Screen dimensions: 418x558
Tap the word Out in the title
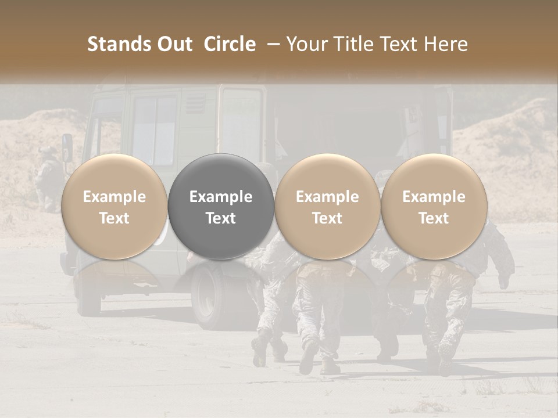coord(174,44)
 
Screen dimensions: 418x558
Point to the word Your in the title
coord(306,44)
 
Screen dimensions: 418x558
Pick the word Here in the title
coord(446,44)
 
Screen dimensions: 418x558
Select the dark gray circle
coord(221,206)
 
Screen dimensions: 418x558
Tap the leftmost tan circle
coord(114,206)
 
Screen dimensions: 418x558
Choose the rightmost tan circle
coord(434,206)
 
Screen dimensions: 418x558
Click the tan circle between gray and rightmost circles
coord(327,206)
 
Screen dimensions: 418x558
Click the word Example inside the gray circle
coord(221,197)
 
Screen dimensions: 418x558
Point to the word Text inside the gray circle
coord(221,218)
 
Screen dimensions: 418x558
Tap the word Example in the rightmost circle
coord(434,197)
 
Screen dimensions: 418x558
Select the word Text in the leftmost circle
coord(114,218)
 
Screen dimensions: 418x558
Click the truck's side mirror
coord(67,147)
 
